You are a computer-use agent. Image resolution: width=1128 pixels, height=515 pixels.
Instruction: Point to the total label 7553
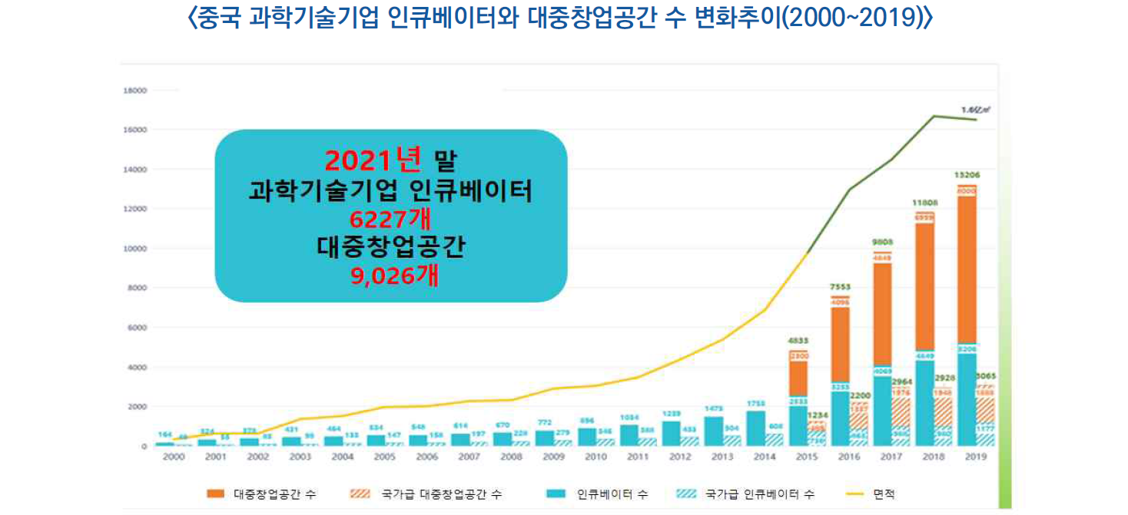tap(841, 287)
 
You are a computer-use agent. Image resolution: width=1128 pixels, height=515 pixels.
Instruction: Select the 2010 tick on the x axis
tap(595, 457)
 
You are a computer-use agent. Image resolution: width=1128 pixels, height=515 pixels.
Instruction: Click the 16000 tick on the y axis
tap(135, 130)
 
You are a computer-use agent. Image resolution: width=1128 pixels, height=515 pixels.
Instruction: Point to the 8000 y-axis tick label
tap(137, 289)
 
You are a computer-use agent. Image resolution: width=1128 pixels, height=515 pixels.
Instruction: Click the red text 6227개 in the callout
tap(390, 220)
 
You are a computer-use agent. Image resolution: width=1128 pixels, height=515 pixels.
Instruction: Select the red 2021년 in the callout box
tap(373, 160)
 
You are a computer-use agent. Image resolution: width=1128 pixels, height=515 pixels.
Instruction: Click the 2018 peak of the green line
tap(934, 117)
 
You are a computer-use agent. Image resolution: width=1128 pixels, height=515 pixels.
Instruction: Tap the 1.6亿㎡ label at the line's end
tap(976, 111)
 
